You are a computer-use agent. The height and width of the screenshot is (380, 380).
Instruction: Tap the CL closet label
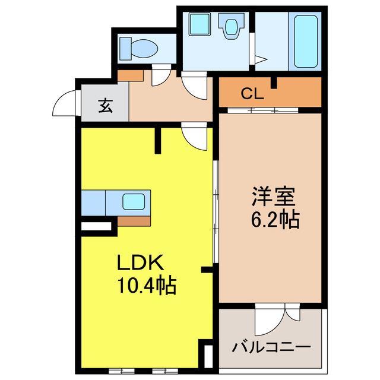click(x=252, y=93)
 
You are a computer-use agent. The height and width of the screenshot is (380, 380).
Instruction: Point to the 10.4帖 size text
click(x=145, y=287)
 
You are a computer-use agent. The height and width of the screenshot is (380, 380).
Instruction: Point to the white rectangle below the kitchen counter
click(x=96, y=226)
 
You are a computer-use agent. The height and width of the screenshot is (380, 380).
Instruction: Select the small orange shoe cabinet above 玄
click(x=131, y=76)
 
